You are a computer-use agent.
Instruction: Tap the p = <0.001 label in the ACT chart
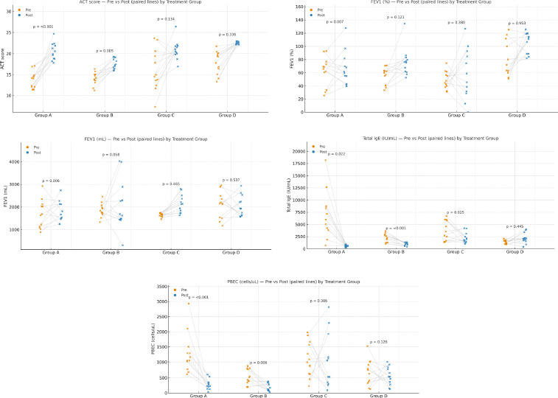pyautogui.click(x=43, y=27)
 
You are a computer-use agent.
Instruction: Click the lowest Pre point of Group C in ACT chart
pyautogui.click(x=156, y=107)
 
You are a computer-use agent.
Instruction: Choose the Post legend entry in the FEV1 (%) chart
pyautogui.click(x=318, y=14)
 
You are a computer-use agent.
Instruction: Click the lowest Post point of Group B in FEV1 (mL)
pyautogui.click(x=122, y=245)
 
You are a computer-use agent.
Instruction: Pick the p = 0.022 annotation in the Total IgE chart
pyautogui.click(x=335, y=153)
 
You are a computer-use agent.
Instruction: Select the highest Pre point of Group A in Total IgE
pyautogui.click(x=325, y=160)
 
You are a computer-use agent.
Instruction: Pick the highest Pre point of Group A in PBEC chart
pyautogui.click(x=188, y=304)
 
